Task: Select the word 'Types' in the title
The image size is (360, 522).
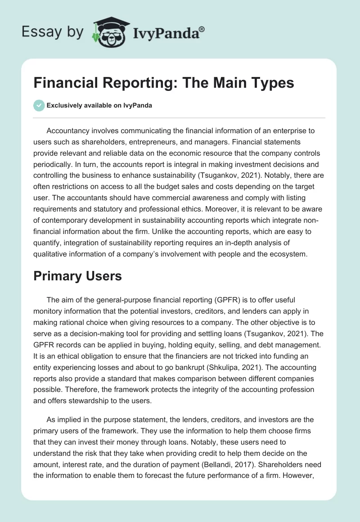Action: pyautogui.click(x=271, y=83)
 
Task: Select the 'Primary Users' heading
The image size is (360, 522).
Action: pyautogui.click(x=77, y=275)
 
